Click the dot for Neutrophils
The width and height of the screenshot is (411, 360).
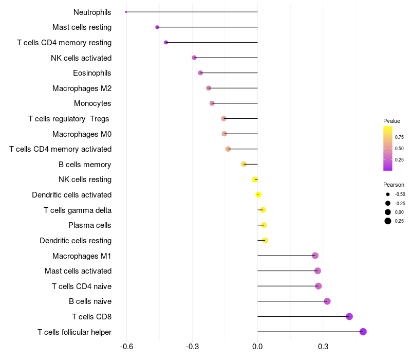tap(126, 12)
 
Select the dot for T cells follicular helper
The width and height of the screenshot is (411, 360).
tap(363, 332)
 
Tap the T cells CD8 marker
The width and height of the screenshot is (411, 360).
tap(349, 316)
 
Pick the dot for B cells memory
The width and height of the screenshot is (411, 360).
tap(244, 164)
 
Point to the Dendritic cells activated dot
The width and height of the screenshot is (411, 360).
tap(258, 195)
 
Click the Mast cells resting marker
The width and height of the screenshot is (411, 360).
tap(157, 27)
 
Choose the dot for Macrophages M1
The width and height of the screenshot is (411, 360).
tap(315, 256)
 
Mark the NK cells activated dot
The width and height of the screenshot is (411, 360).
tap(194, 58)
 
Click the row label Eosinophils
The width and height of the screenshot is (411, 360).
tap(92, 73)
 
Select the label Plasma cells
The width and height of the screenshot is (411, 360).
tap(89, 225)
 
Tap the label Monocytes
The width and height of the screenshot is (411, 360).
tap(92, 103)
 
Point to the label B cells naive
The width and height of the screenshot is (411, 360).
tap(90, 301)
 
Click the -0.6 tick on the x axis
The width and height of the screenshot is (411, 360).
tap(126, 347)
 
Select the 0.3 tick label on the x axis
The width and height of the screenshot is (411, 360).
tap(323, 347)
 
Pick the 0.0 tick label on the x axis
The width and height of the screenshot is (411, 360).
tap(257, 347)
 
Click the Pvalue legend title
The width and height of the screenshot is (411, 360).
tap(391, 121)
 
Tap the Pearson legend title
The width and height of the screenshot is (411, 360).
tap(394, 185)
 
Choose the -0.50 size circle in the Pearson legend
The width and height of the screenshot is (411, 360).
tap(388, 194)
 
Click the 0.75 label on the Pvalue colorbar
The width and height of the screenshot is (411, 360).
tap(399, 137)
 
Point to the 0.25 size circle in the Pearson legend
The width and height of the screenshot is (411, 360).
tap(388, 221)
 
